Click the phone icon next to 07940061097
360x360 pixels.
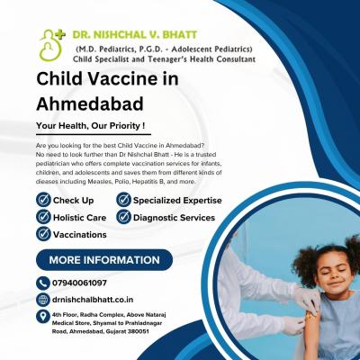[42, 283]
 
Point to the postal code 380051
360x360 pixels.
[138, 331]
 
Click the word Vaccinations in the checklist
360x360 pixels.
[79, 234]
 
